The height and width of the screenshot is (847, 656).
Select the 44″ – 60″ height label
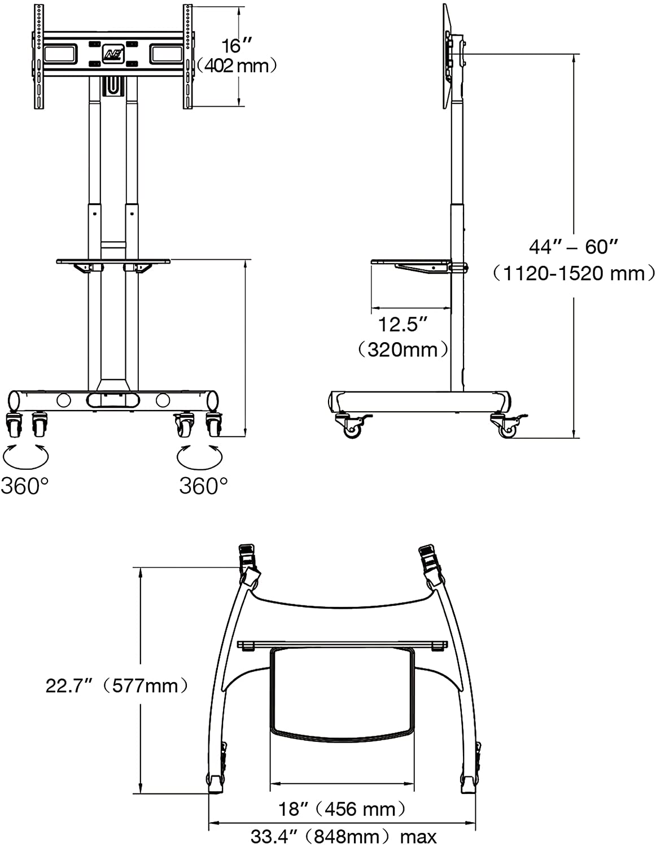574,247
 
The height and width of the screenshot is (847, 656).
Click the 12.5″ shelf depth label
403,324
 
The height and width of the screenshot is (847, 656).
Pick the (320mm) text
403,350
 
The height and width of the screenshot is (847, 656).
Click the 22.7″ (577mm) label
117,686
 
